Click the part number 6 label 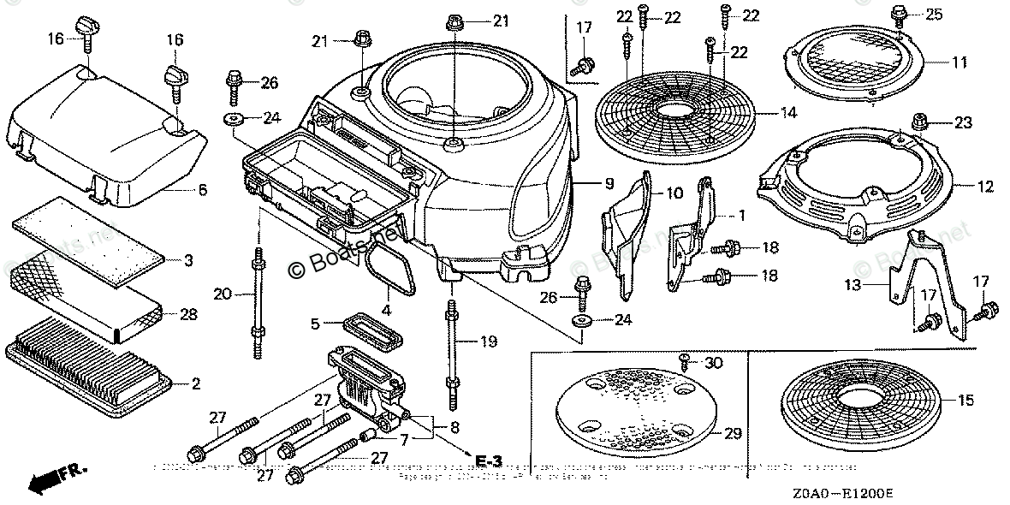pos(202,189)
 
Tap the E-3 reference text pos(488,462)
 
